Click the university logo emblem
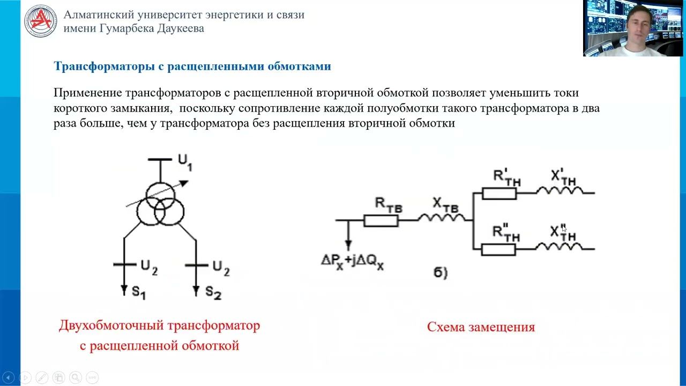pyautogui.click(x=40, y=21)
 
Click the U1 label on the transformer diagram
pyautogui.click(x=185, y=162)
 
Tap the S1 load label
pyautogui.click(x=139, y=292)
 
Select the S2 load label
pyautogui.click(x=213, y=292)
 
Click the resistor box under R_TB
pyautogui.click(x=381, y=220)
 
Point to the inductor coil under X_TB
pyautogui.click(x=442, y=218)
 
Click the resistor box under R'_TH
pyautogui.click(x=499, y=194)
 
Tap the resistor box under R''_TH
pyautogui.click(x=498, y=249)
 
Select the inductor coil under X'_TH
pyautogui.click(x=560, y=190)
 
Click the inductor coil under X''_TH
pyautogui.click(x=559, y=247)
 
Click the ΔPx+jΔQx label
pyautogui.click(x=352, y=262)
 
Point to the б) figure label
pyautogui.click(x=441, y=273)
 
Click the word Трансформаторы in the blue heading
pyautogui.click(x=104, y=66)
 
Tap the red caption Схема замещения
pyautogui.click(x=481, y=327)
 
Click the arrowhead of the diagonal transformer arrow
pyautogui.click(x=184, y=183)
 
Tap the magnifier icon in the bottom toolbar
pyautogui.click(x=76, y=377)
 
